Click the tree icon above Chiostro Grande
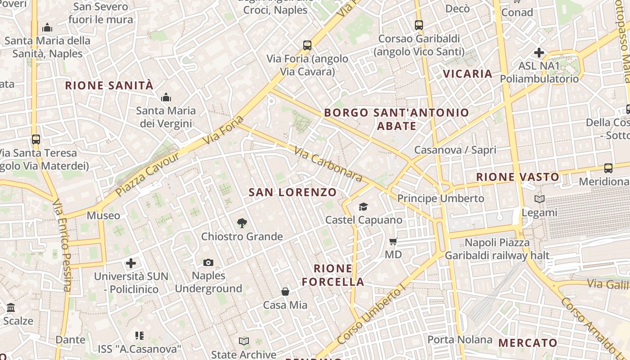click(242, 222)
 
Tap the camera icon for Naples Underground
click(208, 262)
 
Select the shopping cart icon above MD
click(393, 242)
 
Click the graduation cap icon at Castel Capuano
click(363, 207)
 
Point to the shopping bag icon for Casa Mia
click(285, 292)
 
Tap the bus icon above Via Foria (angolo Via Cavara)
click(307, 45)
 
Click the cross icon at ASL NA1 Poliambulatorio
click(539, 53)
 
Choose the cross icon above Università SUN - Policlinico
click(131, 263)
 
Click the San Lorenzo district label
click(292, 192)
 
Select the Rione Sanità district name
click(109, 85)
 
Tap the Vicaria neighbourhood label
click(468, 74)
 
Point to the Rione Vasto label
click(517, 177)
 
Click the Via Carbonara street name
click(328, 164)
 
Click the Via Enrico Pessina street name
click(62, 245)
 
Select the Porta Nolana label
click(460, 339)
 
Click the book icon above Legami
click(539, 199)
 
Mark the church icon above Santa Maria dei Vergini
click(166, 97)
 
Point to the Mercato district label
click(528, 343)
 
